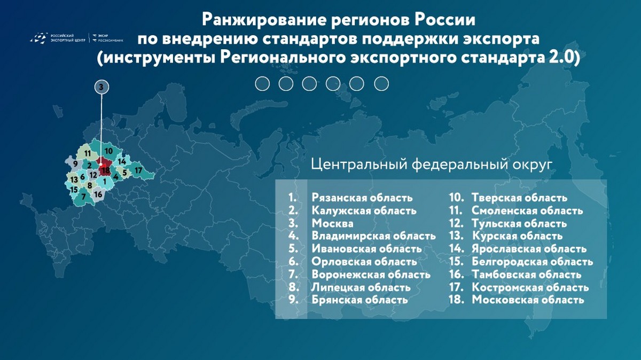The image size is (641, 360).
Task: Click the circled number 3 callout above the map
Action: coord(101,87)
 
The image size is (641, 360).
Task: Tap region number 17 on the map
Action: coord(138,170)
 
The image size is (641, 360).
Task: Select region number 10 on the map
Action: coord(108,151)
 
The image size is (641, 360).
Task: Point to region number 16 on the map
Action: coord(98,194)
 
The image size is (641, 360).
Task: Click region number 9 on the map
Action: coord(75,164)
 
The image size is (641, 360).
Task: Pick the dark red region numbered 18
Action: coord(106,171)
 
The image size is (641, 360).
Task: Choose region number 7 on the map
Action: coord(83,197)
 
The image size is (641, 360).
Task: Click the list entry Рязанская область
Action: coord(362,198)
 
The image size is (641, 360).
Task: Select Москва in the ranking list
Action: coord(332,223)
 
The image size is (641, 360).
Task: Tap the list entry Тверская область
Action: coord(519,198)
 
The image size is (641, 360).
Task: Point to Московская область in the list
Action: coord(528,300)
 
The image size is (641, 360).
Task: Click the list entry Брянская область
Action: coord(359,300)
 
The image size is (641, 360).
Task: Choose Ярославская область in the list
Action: coord(529,249)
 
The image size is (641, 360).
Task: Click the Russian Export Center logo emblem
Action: coord(39,38)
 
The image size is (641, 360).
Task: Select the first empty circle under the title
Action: coord(262,83)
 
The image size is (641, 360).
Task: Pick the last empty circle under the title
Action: coord(381,83)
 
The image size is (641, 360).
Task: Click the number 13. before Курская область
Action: coord(457,236)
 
